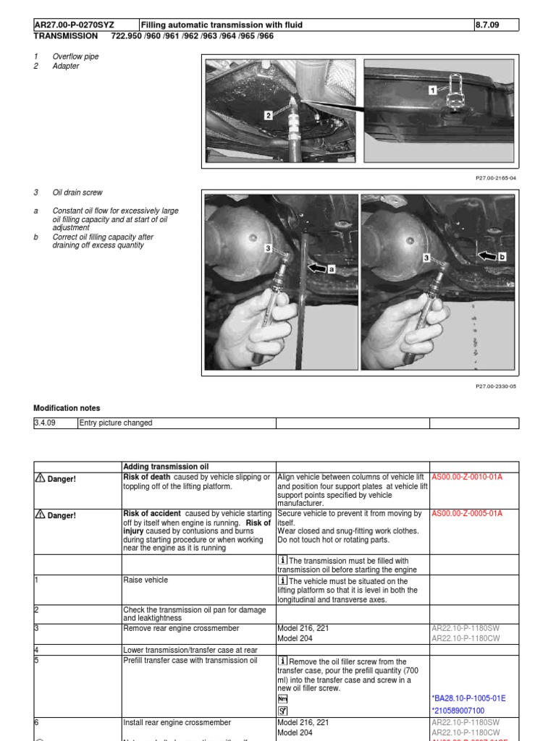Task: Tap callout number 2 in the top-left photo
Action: click(x=268, y=114)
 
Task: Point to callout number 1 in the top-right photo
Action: click(x=433, y=90)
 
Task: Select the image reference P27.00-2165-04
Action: click(x=495, y=177)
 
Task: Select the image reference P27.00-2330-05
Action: click(x=495, y=386)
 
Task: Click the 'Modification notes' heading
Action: click(x=67, y=409)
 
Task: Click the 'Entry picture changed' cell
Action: click(x=116, y=423)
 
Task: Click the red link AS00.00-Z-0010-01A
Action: click(x=467, y=478)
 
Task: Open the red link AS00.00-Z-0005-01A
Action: click(x=467, y=514)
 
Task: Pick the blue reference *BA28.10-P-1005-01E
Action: click(x=468, y=698)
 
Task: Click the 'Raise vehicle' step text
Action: click(x=147, y=580)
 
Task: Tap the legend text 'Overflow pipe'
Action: click(x=76, y=56)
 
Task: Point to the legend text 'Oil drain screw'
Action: click(x=77, y=193)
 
